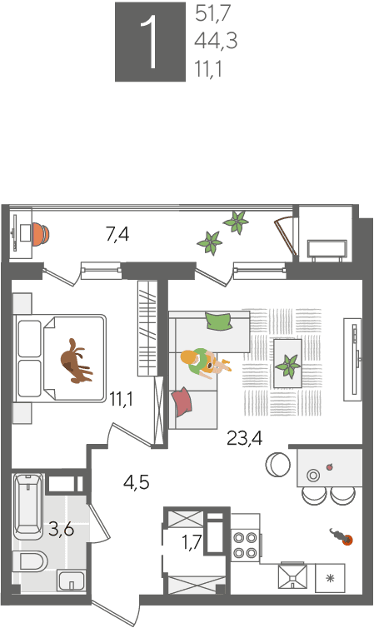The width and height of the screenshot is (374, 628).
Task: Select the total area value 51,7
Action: [213, 13]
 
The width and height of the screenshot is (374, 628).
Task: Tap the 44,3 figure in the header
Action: [216, 41]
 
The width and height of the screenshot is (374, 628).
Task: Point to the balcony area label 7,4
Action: [117, 234]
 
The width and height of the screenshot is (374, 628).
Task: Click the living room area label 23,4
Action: [244, 438]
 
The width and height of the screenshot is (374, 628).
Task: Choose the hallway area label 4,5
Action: [137, 482]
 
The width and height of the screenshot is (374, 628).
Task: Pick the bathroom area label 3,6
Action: [62, 530]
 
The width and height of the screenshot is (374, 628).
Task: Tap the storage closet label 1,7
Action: [192, 543]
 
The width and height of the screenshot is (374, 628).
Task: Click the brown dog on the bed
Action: [75, 361]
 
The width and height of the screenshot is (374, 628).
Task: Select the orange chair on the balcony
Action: [41, 234]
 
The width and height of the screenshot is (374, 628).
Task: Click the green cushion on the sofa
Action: [218, 321]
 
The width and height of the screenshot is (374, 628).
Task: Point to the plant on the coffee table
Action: [288, 366]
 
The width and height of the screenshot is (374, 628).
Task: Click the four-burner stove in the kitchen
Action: [245, 545]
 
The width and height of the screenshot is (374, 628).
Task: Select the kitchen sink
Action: [292, 576]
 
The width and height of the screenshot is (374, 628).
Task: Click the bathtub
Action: [28, 506]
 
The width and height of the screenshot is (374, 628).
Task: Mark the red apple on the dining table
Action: [330, 466]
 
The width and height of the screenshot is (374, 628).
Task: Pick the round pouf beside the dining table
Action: [278, 465]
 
